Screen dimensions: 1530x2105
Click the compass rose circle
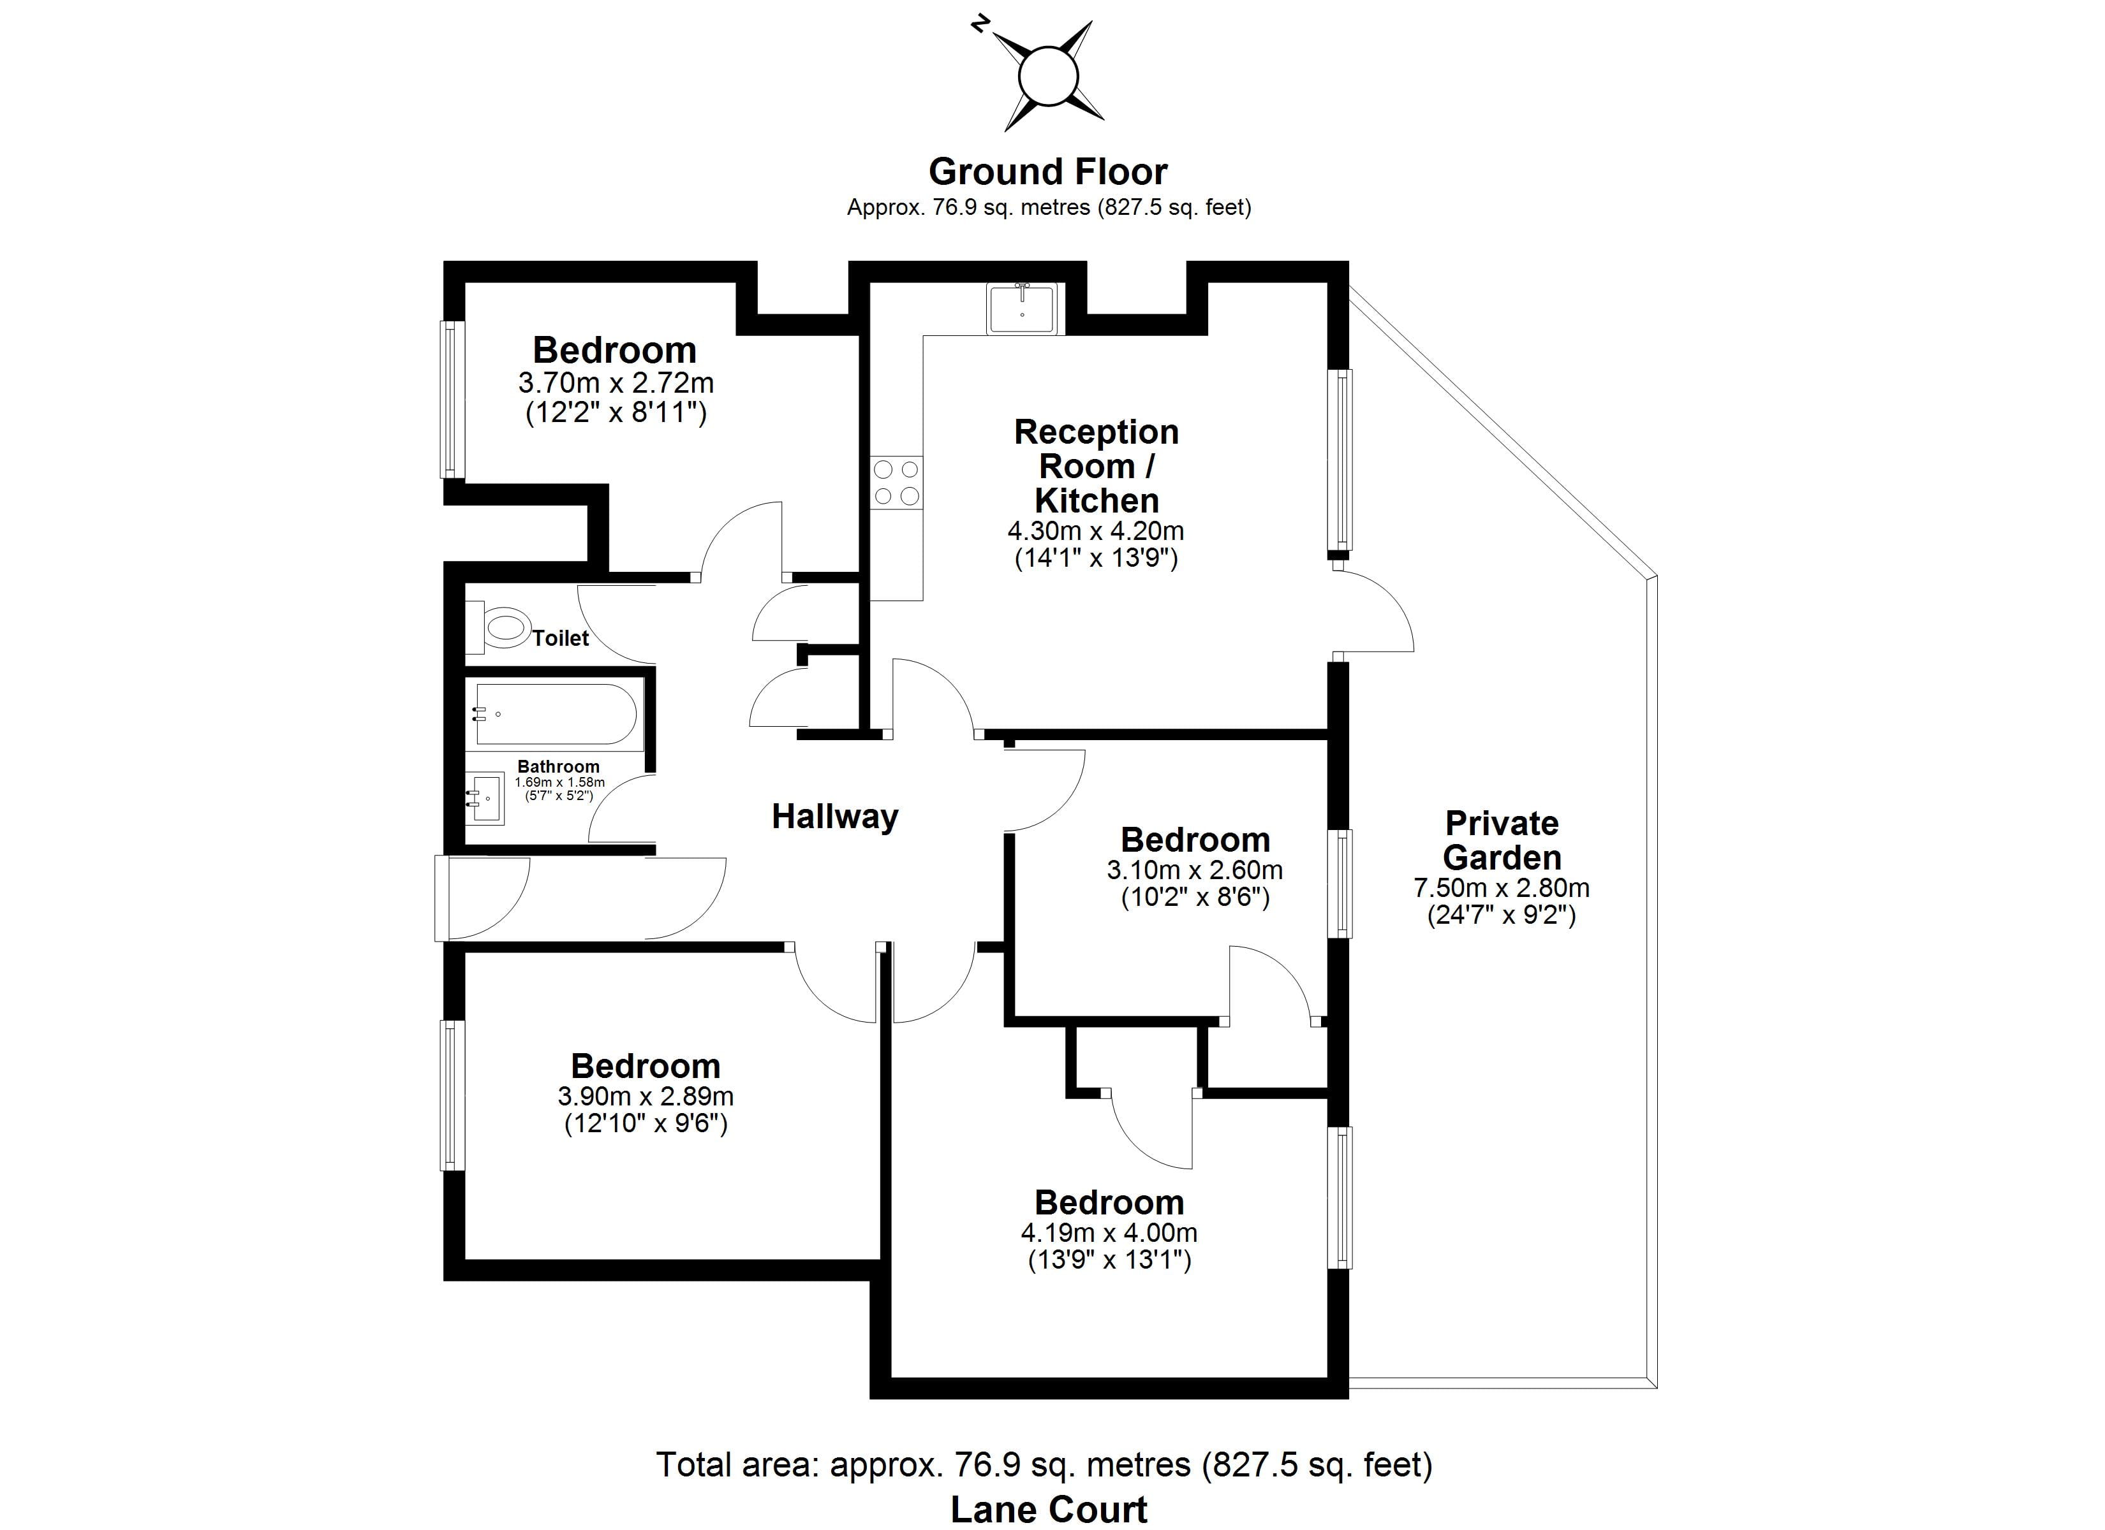(1049, 76)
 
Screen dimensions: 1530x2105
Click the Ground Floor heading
(1048, 171)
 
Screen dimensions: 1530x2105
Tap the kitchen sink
(1021, 308)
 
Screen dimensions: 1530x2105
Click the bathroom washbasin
(486, 799)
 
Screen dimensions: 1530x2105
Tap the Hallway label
(834, 817)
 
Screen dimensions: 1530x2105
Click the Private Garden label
(1501, 840)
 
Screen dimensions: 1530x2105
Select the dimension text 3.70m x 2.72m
(616, 382)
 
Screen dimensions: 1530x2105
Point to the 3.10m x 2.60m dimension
(1195, 870)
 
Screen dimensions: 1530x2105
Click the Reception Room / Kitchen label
(1096, 466)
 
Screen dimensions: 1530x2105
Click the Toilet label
(561, 638)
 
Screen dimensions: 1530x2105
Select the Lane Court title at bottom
(1048, 1510)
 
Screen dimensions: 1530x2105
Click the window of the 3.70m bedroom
(451, 399)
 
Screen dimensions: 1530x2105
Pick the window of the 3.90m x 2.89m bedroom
(451, 1095)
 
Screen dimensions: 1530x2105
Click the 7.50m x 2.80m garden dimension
(1501, 888)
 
